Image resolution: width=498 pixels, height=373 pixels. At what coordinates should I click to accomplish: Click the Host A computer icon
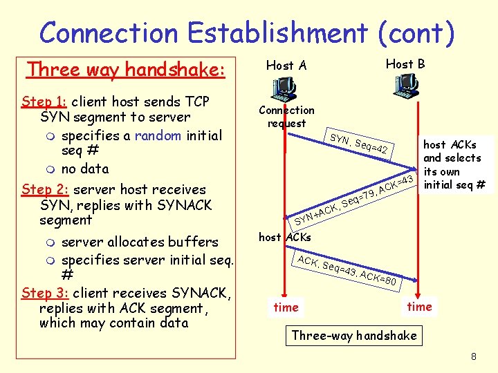tap(284, 88)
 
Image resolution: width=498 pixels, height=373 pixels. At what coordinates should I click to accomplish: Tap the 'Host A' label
tap(286, 66)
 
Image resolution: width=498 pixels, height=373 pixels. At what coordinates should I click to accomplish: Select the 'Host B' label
tap(405, 64)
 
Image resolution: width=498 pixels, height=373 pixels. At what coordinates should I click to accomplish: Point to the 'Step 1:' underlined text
tap(44, 102)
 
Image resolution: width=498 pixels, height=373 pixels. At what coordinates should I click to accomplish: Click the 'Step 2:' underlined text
tap(45, 189)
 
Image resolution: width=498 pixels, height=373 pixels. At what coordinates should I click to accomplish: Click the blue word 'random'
tap(158, 135)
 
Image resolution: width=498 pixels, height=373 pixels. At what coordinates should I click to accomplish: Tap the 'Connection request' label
tap(286, 117)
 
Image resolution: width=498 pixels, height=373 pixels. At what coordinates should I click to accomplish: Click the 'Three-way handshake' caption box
tap(354, 336)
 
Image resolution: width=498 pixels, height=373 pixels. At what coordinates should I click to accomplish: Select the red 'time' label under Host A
tap(286, 307)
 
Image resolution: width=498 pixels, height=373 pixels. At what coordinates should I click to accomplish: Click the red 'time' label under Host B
tap(419, 307)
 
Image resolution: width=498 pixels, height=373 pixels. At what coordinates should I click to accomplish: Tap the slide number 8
tap(474, 357)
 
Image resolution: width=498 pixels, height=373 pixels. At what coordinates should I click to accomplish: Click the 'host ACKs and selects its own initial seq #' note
tap(454, 164)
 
